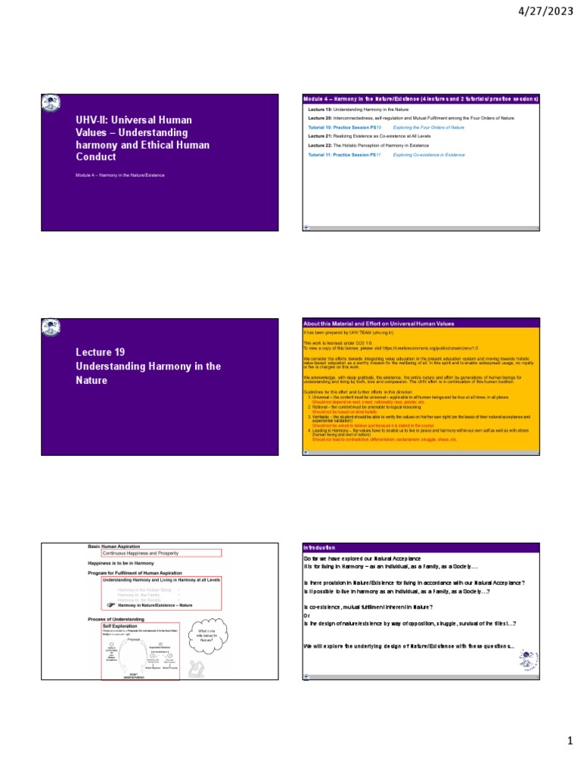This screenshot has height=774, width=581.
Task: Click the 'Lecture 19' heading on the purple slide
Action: (x=100, y=352)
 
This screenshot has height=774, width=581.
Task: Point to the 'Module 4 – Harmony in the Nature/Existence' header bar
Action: (x=421, y=99)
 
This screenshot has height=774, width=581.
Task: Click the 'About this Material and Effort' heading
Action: (x=378, y=324)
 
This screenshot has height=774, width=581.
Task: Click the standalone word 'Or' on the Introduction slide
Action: (x=306, y=615)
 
